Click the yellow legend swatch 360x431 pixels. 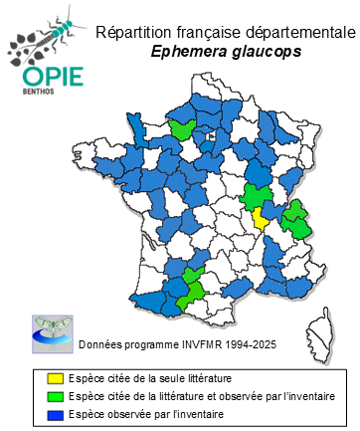tap(56, 380)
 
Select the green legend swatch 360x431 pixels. tap(56, 396)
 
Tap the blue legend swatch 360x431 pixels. tap(56, 412)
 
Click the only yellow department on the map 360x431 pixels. tap(261, 218)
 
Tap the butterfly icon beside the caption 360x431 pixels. tap(51, 331)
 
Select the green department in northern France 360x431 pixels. tap(183, 128)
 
